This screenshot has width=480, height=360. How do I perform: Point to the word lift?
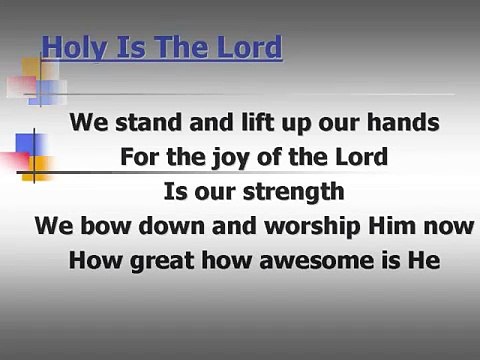[x=237, y=125]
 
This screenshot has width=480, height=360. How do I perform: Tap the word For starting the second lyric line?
[x=140, y=157]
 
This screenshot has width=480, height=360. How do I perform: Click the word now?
[x=422, y=224]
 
